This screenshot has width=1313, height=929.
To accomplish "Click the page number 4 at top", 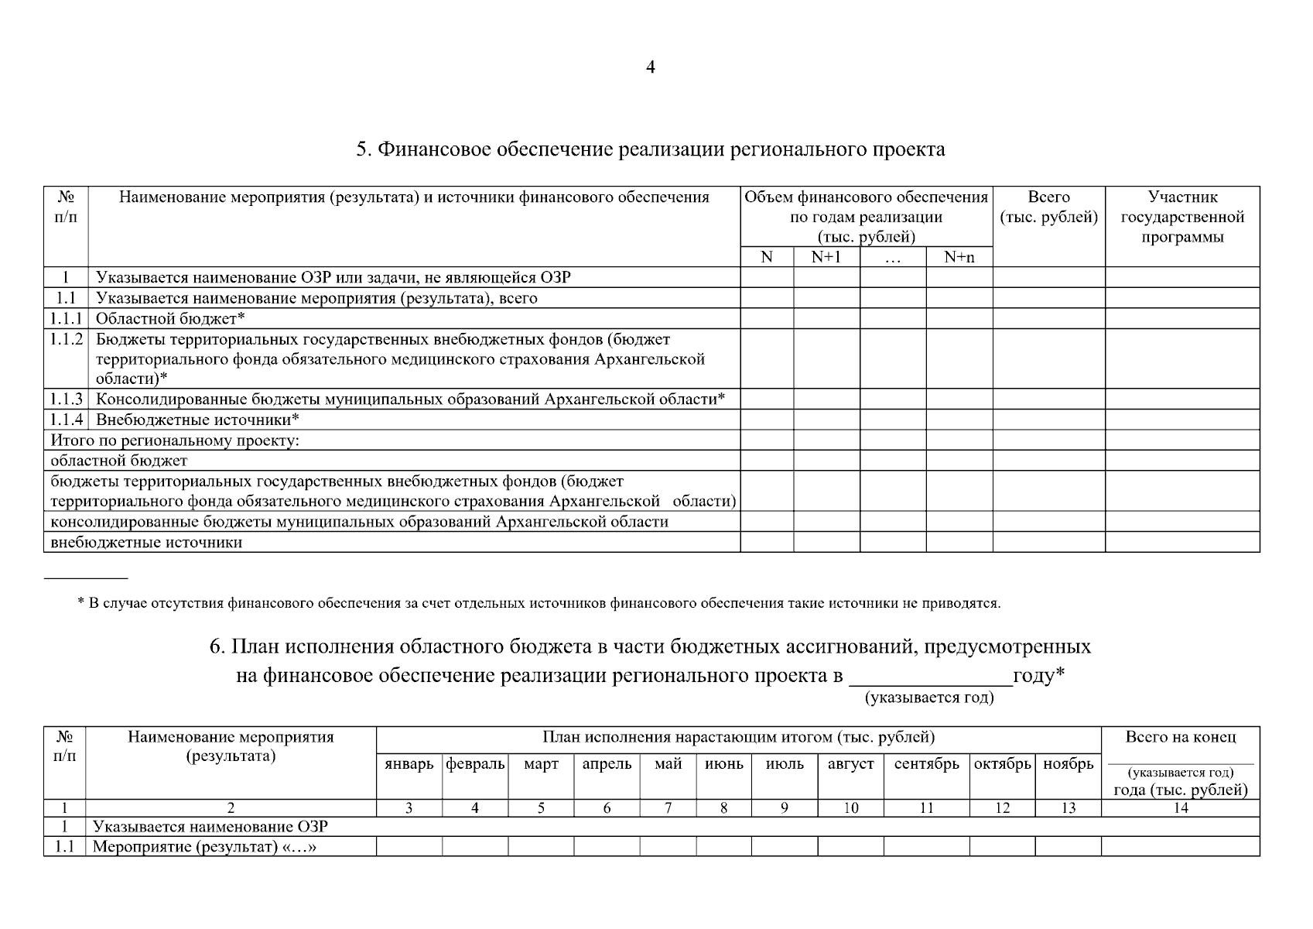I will [x=650, y=68].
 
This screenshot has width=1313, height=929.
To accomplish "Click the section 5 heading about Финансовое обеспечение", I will [x=650, y=149].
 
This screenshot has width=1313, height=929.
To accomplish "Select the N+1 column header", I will [x=826, y=257].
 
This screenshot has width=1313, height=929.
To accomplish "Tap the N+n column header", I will [x=959, y=257].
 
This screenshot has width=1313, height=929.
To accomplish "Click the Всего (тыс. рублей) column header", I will [x=1048, y=207].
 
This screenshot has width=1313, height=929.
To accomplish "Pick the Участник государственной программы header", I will [x=1181, y=217].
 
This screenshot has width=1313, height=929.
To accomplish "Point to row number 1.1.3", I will [x=66, y=399].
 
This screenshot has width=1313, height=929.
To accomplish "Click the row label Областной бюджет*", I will [x=170, y=318].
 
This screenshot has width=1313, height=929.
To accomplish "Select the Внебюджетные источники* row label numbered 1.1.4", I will [x=197, y=420].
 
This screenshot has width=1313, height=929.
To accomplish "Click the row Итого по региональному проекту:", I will [x=175, y=441].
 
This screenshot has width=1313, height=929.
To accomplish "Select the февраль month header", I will [x=475, y=764].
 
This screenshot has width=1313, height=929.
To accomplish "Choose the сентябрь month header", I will [x=926, y=764].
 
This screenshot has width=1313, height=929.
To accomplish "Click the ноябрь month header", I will [x=1068, y=764].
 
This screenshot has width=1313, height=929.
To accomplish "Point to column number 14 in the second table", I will [x=1180, y=808].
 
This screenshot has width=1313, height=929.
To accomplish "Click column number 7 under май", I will [x=668, y=808].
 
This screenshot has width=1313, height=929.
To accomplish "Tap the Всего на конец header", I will [x=1180, y=737].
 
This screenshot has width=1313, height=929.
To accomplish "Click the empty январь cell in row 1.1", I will [x=409, y=846].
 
